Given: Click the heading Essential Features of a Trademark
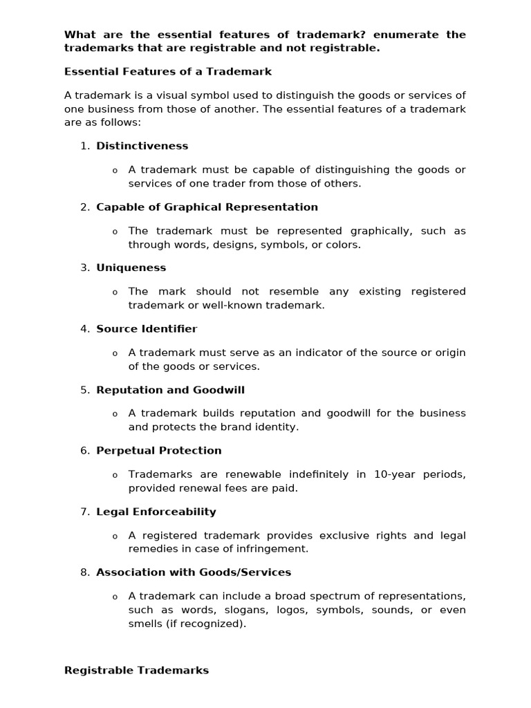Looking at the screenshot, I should tap(168, 72).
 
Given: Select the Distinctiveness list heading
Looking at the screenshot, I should tap(142, 146).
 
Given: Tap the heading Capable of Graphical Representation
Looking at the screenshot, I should tap(207, 207).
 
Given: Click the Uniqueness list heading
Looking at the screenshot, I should tap(131, 268).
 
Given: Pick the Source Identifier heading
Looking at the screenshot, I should tap(147, 329).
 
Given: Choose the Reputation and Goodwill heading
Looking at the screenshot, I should tap(170, 390).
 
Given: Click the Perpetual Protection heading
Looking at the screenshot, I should tap(159, 451).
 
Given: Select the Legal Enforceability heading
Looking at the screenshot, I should tap(156, 512).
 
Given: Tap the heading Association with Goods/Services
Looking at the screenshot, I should tap(194, 572).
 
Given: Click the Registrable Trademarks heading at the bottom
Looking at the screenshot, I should tap(136, 671).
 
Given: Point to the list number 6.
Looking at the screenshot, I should tap(84, 451).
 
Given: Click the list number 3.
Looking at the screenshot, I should tap(84, 268).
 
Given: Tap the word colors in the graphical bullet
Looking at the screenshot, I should tap(343, 245).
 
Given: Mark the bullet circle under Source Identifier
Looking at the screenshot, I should tap(115, 353).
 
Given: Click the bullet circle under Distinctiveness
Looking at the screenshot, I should tap(115, 171).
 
